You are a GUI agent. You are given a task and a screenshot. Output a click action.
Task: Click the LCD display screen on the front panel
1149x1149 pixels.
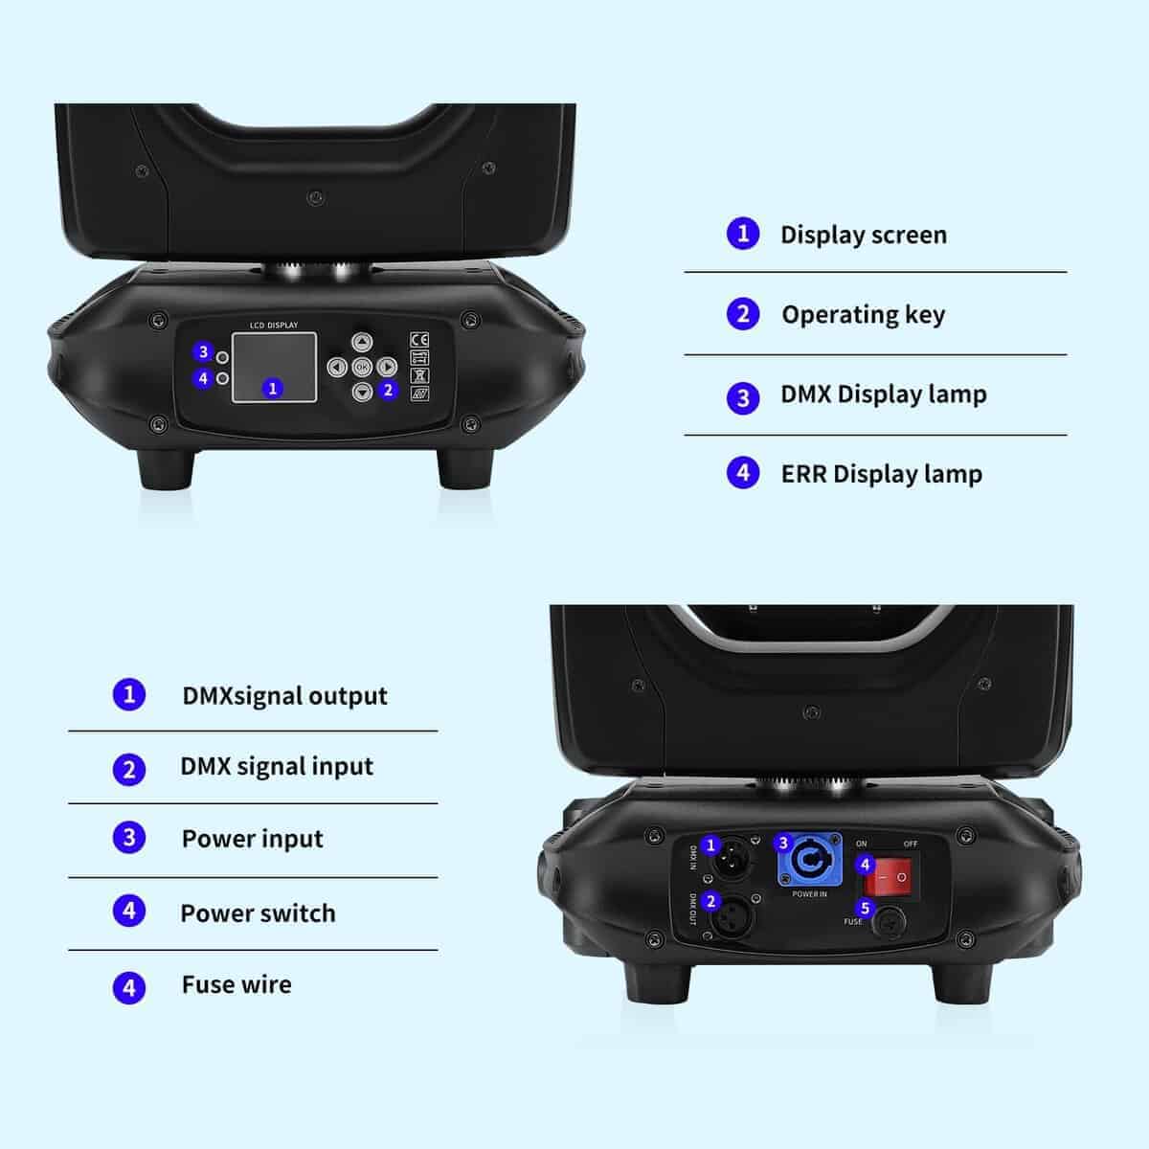(274, 368)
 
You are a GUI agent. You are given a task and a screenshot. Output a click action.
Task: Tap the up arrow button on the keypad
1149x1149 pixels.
(362, 342)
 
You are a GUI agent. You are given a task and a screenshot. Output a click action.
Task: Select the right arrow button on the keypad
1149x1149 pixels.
(387, 367)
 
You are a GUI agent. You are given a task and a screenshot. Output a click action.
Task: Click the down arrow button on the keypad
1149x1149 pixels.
(362, 392)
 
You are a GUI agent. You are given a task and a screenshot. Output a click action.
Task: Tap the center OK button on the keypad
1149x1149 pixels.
(362, 367)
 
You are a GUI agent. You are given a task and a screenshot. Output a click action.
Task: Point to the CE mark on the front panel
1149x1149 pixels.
(419, 340)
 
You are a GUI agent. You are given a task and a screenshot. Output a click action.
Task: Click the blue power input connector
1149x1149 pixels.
(810, 859)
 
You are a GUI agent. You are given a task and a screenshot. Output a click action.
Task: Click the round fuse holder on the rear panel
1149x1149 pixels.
(889, 923)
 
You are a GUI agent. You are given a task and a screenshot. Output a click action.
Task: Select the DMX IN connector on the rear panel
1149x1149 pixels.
(732, 860)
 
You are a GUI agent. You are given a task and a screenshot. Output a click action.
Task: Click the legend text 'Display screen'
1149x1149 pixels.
(864, 235)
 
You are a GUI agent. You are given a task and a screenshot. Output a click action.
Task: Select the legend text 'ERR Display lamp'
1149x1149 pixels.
(882, 475)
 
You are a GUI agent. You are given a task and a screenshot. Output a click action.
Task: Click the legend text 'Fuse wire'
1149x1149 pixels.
(237, 984)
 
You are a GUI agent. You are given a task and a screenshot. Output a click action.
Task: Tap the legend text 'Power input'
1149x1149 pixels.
(252, 839)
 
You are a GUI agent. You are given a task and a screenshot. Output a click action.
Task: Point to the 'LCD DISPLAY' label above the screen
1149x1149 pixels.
(274, 325)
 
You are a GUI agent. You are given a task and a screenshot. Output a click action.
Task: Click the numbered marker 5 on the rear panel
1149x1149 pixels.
(865, 908)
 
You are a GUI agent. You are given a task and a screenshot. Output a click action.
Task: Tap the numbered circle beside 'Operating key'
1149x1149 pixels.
(743, 314)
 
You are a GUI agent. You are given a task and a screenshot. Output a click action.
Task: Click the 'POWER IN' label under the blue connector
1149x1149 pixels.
(809, 893)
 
